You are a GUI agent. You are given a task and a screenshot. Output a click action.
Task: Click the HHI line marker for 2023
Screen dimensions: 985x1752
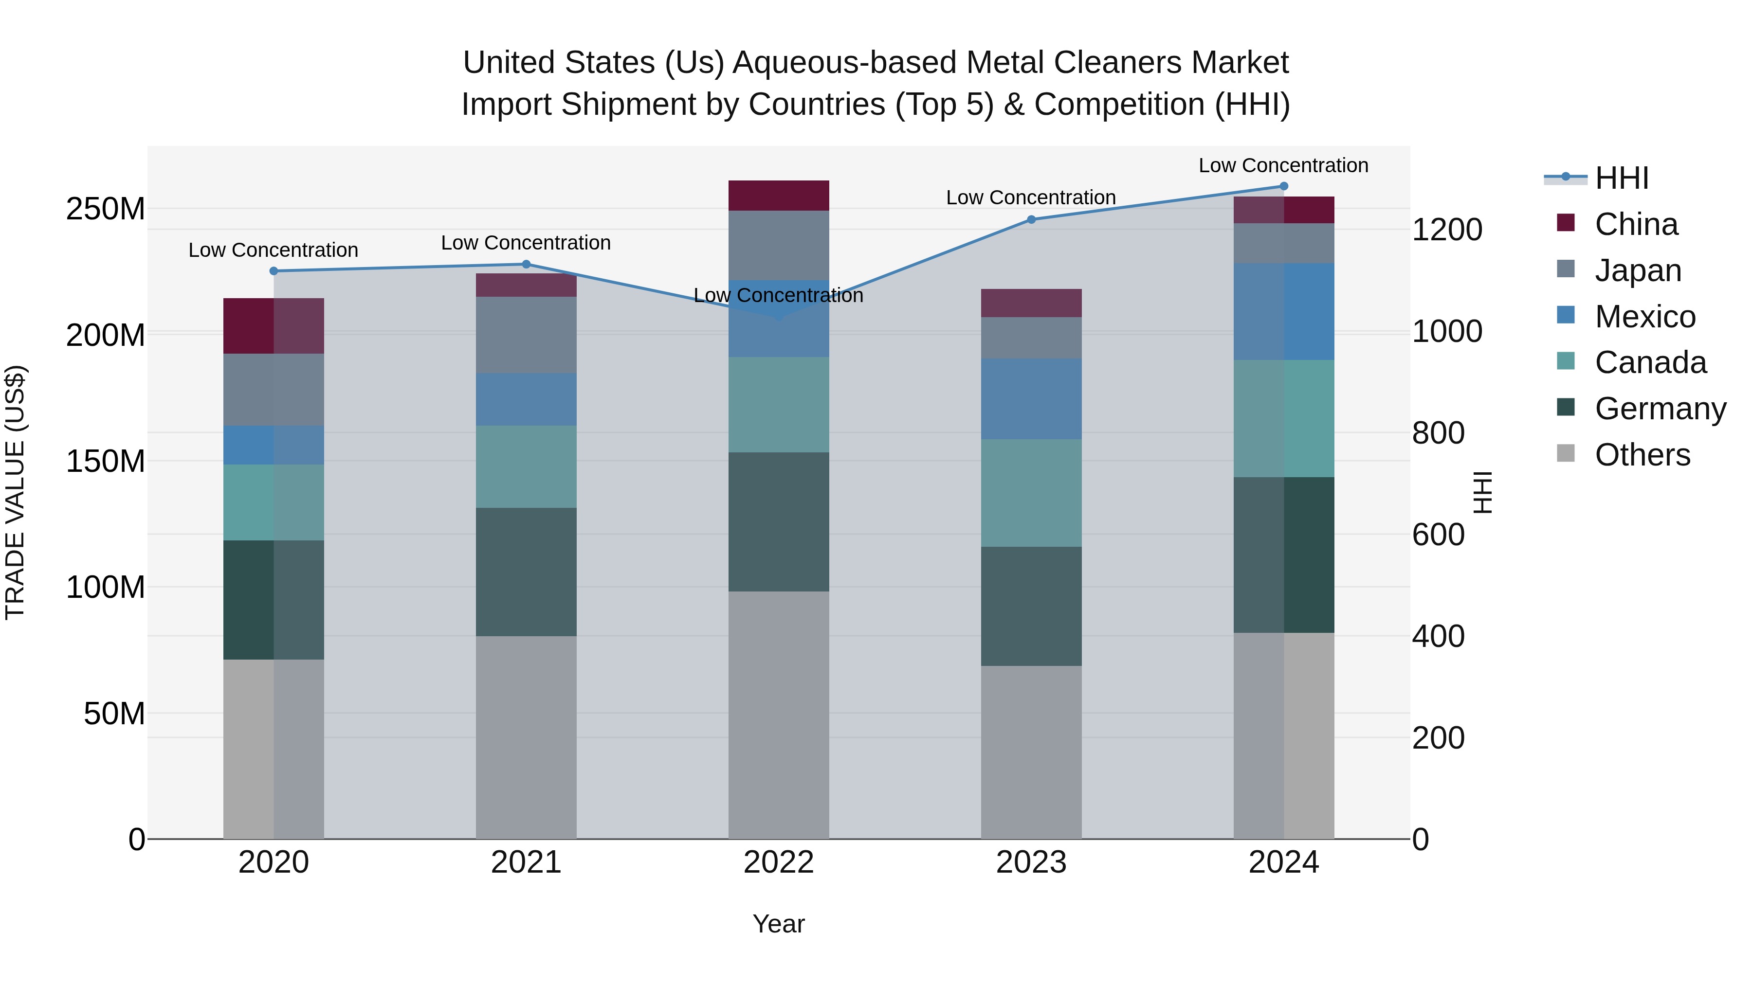pos(1031,219)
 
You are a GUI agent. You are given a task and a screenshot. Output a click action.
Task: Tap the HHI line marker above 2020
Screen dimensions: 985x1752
pos(274,270)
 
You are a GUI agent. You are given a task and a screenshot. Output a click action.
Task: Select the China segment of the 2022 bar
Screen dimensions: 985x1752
pos(779,196)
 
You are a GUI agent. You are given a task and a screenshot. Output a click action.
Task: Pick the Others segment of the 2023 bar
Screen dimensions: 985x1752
pos(1031,752)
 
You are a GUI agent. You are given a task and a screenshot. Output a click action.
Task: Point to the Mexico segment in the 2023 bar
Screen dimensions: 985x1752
pos(1031,399)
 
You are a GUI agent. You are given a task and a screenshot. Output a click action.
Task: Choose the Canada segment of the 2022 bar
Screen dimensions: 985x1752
pos(779,405)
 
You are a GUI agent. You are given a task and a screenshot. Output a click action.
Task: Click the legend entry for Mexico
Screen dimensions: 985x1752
pos(1644,317)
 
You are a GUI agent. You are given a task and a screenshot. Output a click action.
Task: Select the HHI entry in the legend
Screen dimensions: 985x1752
pos(1622,178)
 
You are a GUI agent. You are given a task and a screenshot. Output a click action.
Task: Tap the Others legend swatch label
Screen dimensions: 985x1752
pos(1642,455)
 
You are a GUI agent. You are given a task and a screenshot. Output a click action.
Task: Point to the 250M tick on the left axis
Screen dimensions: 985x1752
pos(106,209)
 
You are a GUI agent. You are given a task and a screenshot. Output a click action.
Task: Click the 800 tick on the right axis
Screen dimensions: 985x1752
pos(1438,433)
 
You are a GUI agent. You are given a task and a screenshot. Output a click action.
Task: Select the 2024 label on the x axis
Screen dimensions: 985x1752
pos(1283,862)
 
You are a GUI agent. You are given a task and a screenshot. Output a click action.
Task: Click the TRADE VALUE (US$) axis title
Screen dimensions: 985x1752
pos(16,492)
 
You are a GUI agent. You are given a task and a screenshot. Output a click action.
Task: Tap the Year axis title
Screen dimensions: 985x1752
pos(779,924)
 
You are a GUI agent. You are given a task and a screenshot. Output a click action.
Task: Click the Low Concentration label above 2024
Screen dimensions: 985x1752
pos(1283,165)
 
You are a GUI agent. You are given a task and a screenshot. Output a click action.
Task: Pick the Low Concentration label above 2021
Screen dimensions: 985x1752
pos(526,243)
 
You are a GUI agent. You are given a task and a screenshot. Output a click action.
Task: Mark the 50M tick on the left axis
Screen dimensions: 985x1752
pos(114,714)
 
